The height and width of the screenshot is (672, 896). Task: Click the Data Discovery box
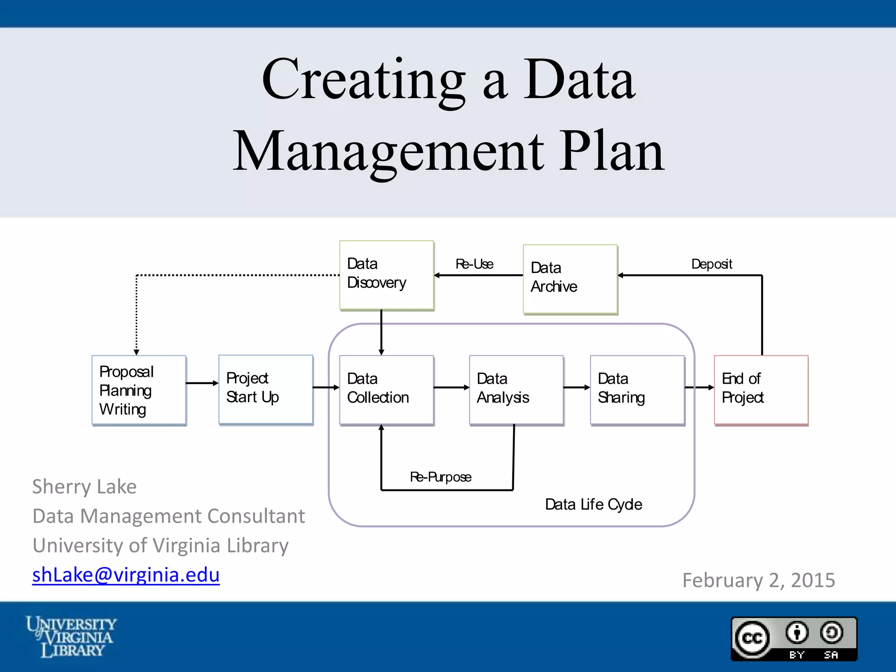pyautogui.click(x=386, y=275)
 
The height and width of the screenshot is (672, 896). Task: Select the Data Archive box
pyautogui.click(x=570, y=279)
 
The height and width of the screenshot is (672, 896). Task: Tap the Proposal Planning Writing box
pyautogui.click(x=139, y=390)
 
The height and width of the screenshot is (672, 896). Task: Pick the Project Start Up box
pyautogui.click(x=266, y=389)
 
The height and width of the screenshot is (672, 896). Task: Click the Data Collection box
pyautogui.click(x=386, y=389)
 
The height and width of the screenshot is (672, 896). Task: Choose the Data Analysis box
pyautogui.click(x=516, y=389)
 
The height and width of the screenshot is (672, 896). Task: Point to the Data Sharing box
pyautogui.click(x=637, y=389)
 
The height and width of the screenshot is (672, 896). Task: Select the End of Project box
pyautogui.click(x=761, y=389)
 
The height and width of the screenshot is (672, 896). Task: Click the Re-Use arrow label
pyautogui.click(x=474, y=264)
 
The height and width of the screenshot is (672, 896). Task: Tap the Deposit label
pyautogui.click(x=711, y=264)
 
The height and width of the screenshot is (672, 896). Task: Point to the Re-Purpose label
pyautogui.click(x=441, y=477)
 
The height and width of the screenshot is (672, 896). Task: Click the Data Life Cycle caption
pyautogui.click(x=593, y=504)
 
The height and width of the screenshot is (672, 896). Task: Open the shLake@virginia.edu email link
pyautogui.click(x=126, y=575)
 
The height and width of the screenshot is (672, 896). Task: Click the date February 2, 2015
pyautogui.click(x=759, y=580)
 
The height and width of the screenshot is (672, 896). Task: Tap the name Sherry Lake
pyautogui.click(x=84, y=486)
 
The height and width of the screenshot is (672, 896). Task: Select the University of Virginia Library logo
pyautogui.click(x=71, y=637)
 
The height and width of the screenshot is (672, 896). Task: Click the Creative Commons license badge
pyautogui.click(x=794, y=638)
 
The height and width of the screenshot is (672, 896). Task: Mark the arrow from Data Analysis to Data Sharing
pyautogui.click(x=577, y=387)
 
